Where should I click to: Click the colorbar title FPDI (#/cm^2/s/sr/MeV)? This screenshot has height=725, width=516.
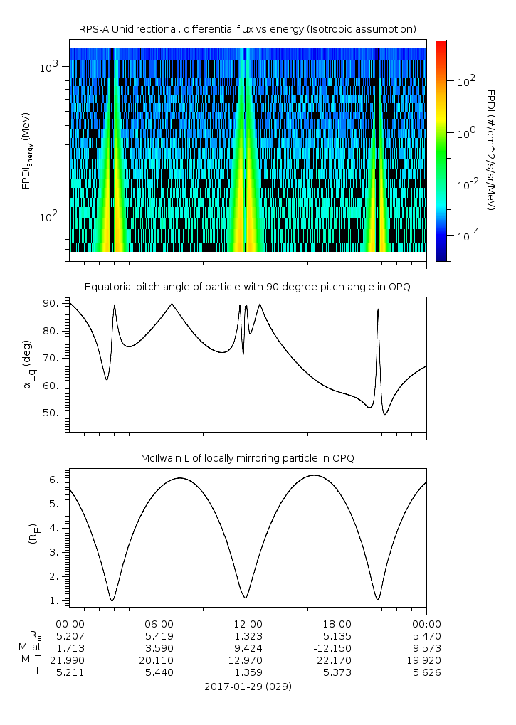490,149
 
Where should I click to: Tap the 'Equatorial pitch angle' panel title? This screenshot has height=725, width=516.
248,287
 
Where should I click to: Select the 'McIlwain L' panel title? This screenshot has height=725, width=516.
248,458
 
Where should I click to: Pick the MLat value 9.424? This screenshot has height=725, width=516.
248,647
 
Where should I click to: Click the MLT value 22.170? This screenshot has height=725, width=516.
337,660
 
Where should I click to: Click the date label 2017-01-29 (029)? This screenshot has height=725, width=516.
248,687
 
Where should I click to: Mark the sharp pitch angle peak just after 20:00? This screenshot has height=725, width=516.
378,309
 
